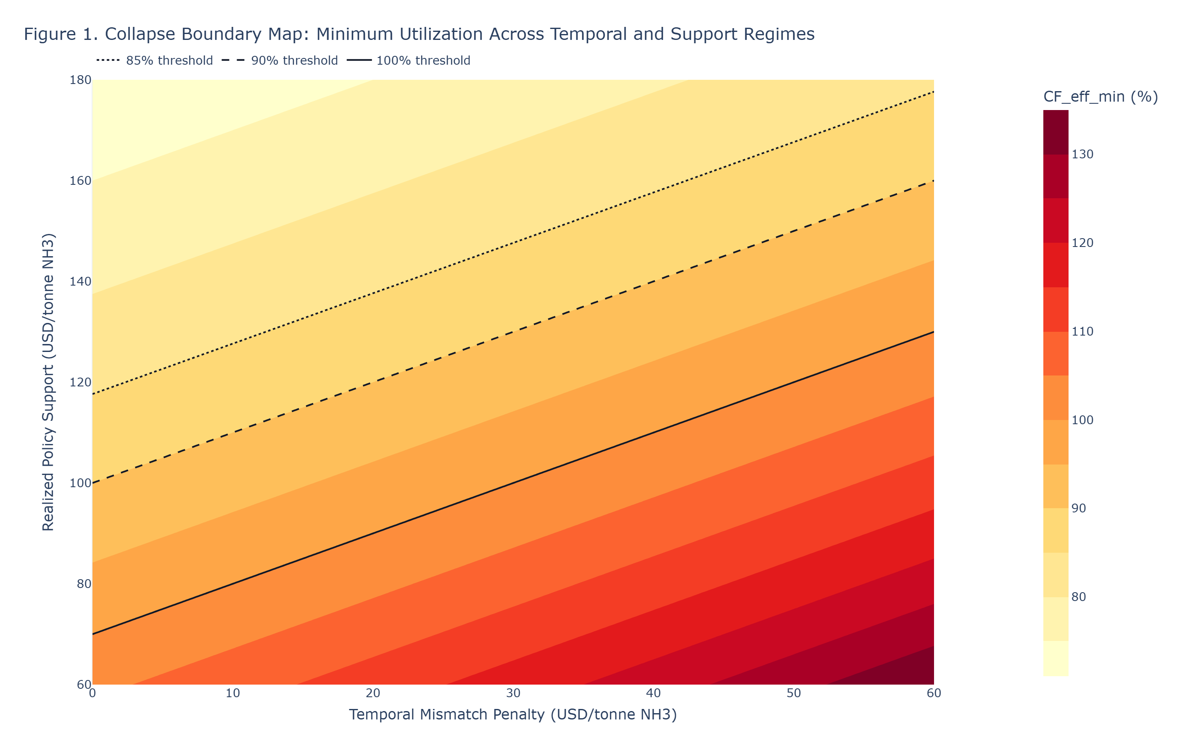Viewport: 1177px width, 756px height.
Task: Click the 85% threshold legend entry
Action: [155, 60]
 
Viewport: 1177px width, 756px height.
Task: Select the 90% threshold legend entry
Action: [280, 60]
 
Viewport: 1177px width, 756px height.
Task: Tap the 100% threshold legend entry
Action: [409, 60]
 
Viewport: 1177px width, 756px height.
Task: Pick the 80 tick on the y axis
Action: [84, 584]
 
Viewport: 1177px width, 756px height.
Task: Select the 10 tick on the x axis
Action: [233, 693]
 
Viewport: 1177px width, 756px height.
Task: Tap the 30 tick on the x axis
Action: [513, 693]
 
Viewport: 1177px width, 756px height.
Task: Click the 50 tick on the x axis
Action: [794, 693]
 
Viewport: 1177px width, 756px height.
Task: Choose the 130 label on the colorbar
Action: [1082, 155]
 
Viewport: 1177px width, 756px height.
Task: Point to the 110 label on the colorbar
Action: [1082, 332]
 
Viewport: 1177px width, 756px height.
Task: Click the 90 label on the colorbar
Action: [1079, 509]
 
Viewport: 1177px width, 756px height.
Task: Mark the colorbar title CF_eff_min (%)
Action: [1100, 97]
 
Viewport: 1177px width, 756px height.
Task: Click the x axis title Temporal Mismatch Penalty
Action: [513, 714]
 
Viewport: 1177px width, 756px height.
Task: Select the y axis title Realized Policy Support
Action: [48, 382]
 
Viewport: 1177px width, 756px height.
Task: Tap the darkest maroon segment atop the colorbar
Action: [1056, 132]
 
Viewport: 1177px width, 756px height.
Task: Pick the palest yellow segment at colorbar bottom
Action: [1056, 658]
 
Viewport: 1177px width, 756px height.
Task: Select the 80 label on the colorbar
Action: [1079, 597]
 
